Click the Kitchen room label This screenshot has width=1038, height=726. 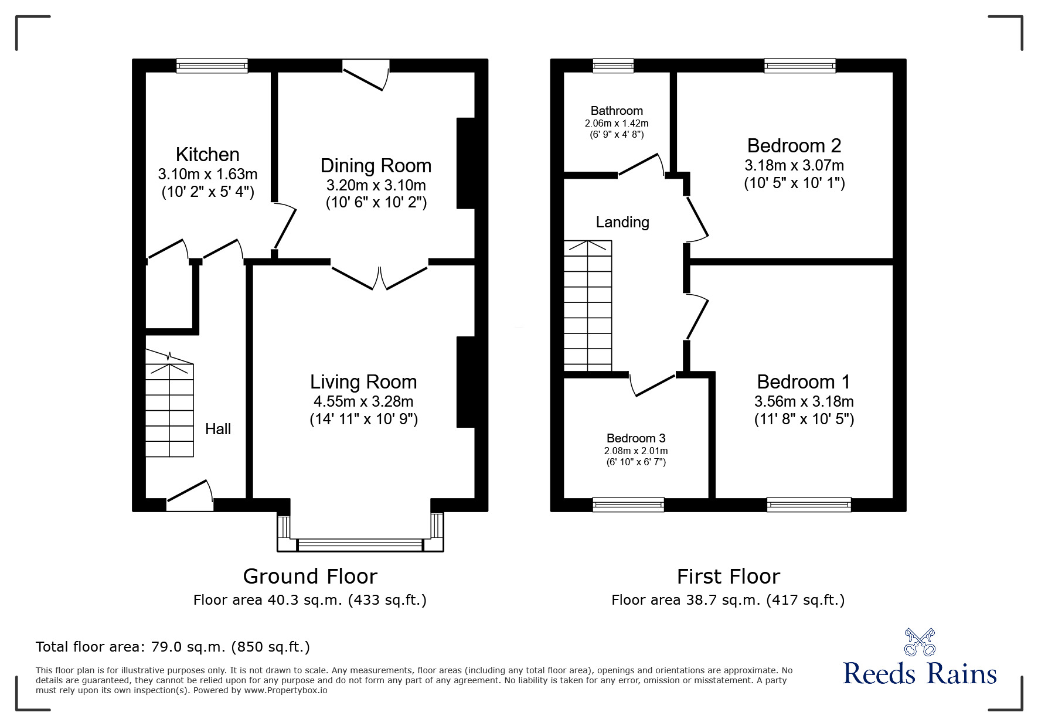pos(207,155)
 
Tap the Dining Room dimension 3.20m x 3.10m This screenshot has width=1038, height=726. pos(376,186)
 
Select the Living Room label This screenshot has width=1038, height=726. pos(363,382)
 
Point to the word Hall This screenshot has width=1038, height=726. pos(218,430)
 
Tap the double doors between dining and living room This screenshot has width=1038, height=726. pos(380,277)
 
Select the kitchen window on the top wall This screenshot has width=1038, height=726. pos(212,66)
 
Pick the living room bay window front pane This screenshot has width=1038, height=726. pos(360,546)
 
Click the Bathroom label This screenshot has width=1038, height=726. pos(617,111)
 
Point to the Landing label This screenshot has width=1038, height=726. pos(622,222)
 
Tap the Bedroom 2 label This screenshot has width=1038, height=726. pos(794,145)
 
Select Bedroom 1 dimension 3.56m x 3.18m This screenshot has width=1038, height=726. pos(804,402)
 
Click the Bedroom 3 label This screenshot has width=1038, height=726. pos(636,438)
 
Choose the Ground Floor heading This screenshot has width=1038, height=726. pos(310,577)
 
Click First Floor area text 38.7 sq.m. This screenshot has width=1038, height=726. pos(728,600)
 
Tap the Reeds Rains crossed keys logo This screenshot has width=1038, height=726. pos(919,643)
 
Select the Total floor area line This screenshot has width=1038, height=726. pos(173,647)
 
